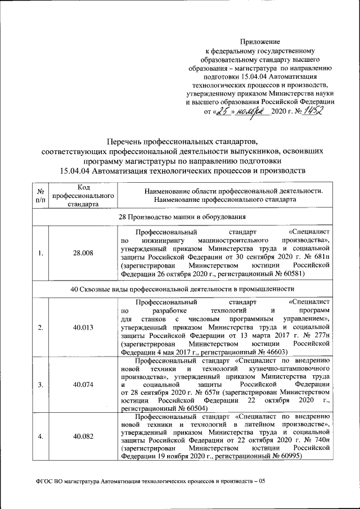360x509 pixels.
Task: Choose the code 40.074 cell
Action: pos(83,385)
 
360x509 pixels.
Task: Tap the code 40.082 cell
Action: pos(83,436)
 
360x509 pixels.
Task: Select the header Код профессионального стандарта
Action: pos(83,195)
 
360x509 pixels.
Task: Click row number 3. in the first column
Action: pos(41,385)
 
